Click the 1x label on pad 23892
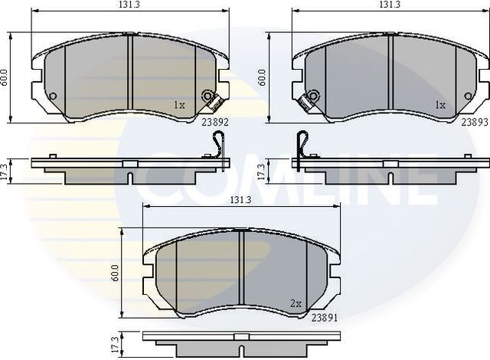(179, 104)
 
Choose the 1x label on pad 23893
(439, 104)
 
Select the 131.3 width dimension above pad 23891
(240, 200)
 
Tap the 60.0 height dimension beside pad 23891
(115, 273)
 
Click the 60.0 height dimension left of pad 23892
(5, 77)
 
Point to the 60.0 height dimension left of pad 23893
(263, 77)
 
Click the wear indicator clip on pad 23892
(209, 98)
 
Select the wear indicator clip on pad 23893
(310, 99)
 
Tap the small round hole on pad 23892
(52, 97)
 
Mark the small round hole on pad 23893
(467, 97)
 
